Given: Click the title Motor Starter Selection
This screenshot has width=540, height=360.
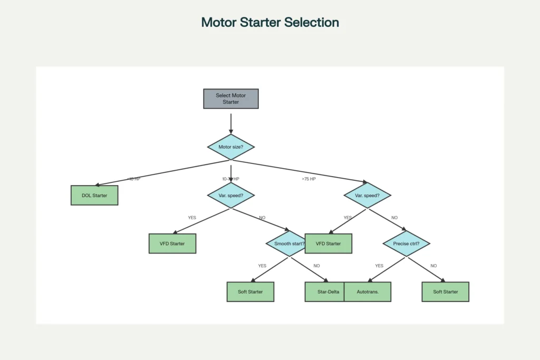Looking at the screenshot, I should coord(270,23).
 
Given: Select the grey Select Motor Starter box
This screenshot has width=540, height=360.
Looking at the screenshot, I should coord(231,99).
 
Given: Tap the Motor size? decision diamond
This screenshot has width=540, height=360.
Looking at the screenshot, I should coord(231,147).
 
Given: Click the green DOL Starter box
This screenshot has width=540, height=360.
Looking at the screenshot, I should coord(94,196).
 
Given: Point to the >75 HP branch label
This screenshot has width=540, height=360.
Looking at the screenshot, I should coord(308,179).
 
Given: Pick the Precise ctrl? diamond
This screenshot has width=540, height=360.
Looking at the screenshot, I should coord(406,244).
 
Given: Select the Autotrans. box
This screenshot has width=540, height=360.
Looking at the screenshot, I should coord(368,291).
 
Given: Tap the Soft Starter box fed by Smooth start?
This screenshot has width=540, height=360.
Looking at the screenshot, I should coord(250,291).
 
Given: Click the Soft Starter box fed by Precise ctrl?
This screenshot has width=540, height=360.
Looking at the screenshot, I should coord(445,291).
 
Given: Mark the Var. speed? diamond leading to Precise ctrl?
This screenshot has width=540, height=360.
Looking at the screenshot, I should coord(367,196).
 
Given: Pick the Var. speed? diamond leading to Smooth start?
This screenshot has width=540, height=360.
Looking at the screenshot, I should coord(231,196).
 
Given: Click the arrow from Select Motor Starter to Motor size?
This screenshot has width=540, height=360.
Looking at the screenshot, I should coord(231,123).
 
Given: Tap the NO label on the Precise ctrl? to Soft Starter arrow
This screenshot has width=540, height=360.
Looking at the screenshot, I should coord(433,266).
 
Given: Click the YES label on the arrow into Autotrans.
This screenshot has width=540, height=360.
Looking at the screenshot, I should coord(379,266).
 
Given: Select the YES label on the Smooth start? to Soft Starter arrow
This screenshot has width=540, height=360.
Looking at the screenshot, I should coord(262,266).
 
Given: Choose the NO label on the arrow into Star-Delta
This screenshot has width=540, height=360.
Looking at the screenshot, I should coord(316,266).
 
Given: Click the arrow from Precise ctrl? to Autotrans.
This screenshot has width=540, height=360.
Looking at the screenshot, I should coord(386,269).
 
